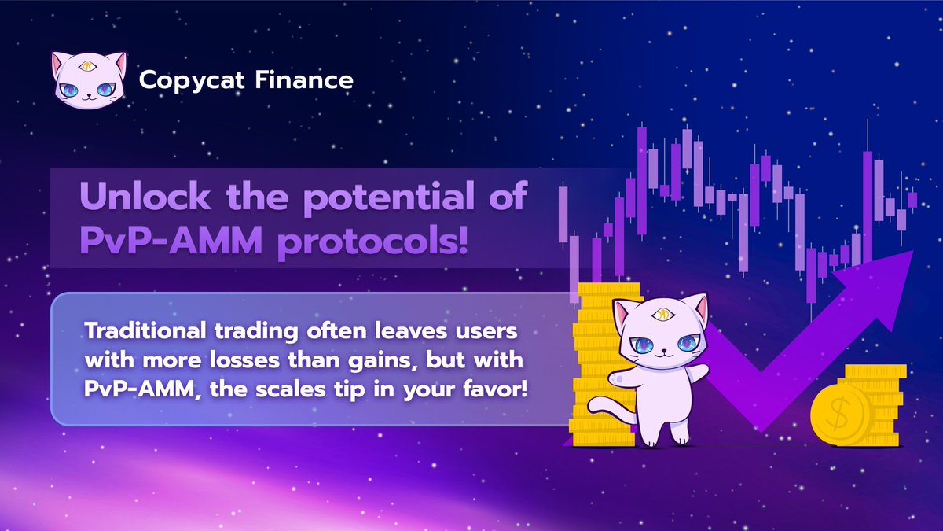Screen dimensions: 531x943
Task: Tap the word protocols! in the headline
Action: pyautogui.click(x=370, y=241)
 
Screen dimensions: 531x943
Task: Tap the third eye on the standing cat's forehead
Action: pyautogui.click(x=662, y=315)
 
